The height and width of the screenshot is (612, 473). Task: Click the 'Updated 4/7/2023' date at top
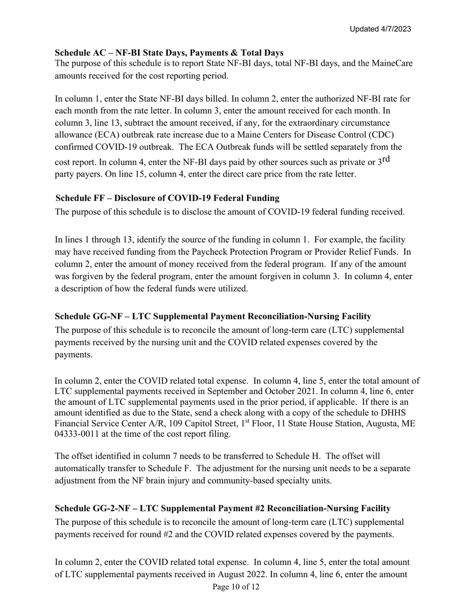(x=380, y=29)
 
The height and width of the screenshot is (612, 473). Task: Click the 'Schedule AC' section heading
(x=169, y=53)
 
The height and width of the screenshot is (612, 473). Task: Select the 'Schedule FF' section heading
(x=167, y=198)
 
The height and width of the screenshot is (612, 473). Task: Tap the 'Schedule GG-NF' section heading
(x=213, y=316)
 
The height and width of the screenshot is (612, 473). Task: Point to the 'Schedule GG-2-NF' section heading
(x=222, y=508)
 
